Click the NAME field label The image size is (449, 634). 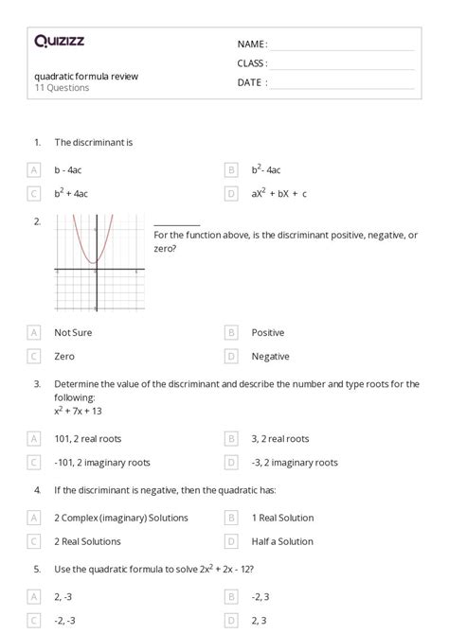[x=251, y=44]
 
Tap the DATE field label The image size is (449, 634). [x=251, y=82]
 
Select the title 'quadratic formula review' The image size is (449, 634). [x=86, y=77]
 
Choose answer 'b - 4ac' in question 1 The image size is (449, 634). [x=73, y=170]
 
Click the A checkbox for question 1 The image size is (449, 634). [x=34, y=170]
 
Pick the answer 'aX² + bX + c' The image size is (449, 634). [x=278, y=194]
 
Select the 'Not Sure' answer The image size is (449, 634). [x=73, y=333]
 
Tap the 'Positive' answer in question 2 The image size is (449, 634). [x=267, y=333]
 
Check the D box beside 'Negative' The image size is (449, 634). [x=230, y=357]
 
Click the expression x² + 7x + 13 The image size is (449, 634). [x=78, y=411]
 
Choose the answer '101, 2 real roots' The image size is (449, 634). [x=88, y=439]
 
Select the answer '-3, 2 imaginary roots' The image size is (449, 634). [x=295, y=463]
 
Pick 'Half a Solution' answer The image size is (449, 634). [x=282, y=541]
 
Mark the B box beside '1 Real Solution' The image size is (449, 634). [x=230, y=518]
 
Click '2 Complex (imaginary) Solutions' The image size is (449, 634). [x=121, y=518]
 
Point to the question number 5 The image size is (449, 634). [x=37, y=570]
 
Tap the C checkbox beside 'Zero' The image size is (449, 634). [x=34, y=357]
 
